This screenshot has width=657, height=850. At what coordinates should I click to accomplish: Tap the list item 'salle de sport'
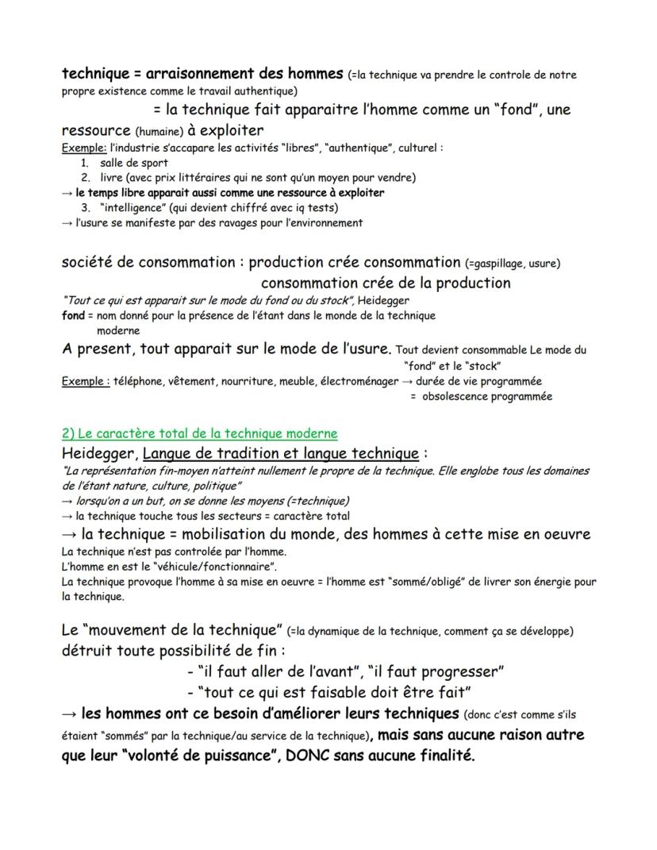(x=134, y=163)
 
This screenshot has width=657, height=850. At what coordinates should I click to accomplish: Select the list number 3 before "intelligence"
(x=85, y=207)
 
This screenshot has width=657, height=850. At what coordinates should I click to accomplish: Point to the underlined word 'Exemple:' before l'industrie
(x=83, y=148)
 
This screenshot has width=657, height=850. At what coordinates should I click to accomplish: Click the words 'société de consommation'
(x=148, y=263)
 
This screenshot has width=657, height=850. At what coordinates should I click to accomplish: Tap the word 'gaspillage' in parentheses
(x=501, y=263)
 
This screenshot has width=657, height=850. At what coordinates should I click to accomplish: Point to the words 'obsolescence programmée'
(x=486, y=396)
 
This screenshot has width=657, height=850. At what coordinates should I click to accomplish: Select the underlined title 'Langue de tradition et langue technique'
(x=280, y=453)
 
